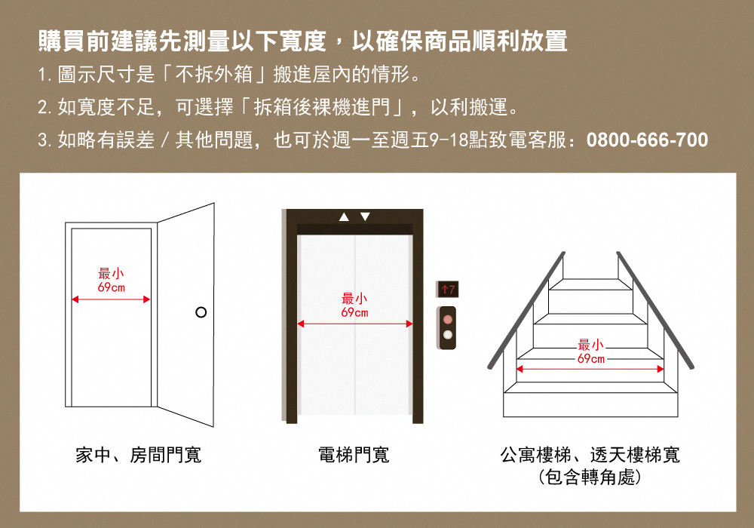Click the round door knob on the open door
(x=201, y=312)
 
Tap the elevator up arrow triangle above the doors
(x=345, y=217)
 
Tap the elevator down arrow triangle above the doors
(x=366, y=217)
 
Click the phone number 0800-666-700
(x=647, y=140)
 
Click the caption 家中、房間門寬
(x=138, y=455)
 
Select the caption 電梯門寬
(x=354, y=455)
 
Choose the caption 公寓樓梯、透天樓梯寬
(x=590, y=455)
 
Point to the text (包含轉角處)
(x=590, y=477)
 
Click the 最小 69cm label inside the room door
(x=112, y=281)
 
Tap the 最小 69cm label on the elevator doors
(x=354, y=305)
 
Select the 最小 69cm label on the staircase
(x=590, y=351)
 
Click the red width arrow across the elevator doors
(x=354, y=324)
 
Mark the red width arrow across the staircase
(x=590, y=369)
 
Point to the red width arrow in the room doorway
(x=112, y=299)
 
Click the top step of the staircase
(x=590, y=284)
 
